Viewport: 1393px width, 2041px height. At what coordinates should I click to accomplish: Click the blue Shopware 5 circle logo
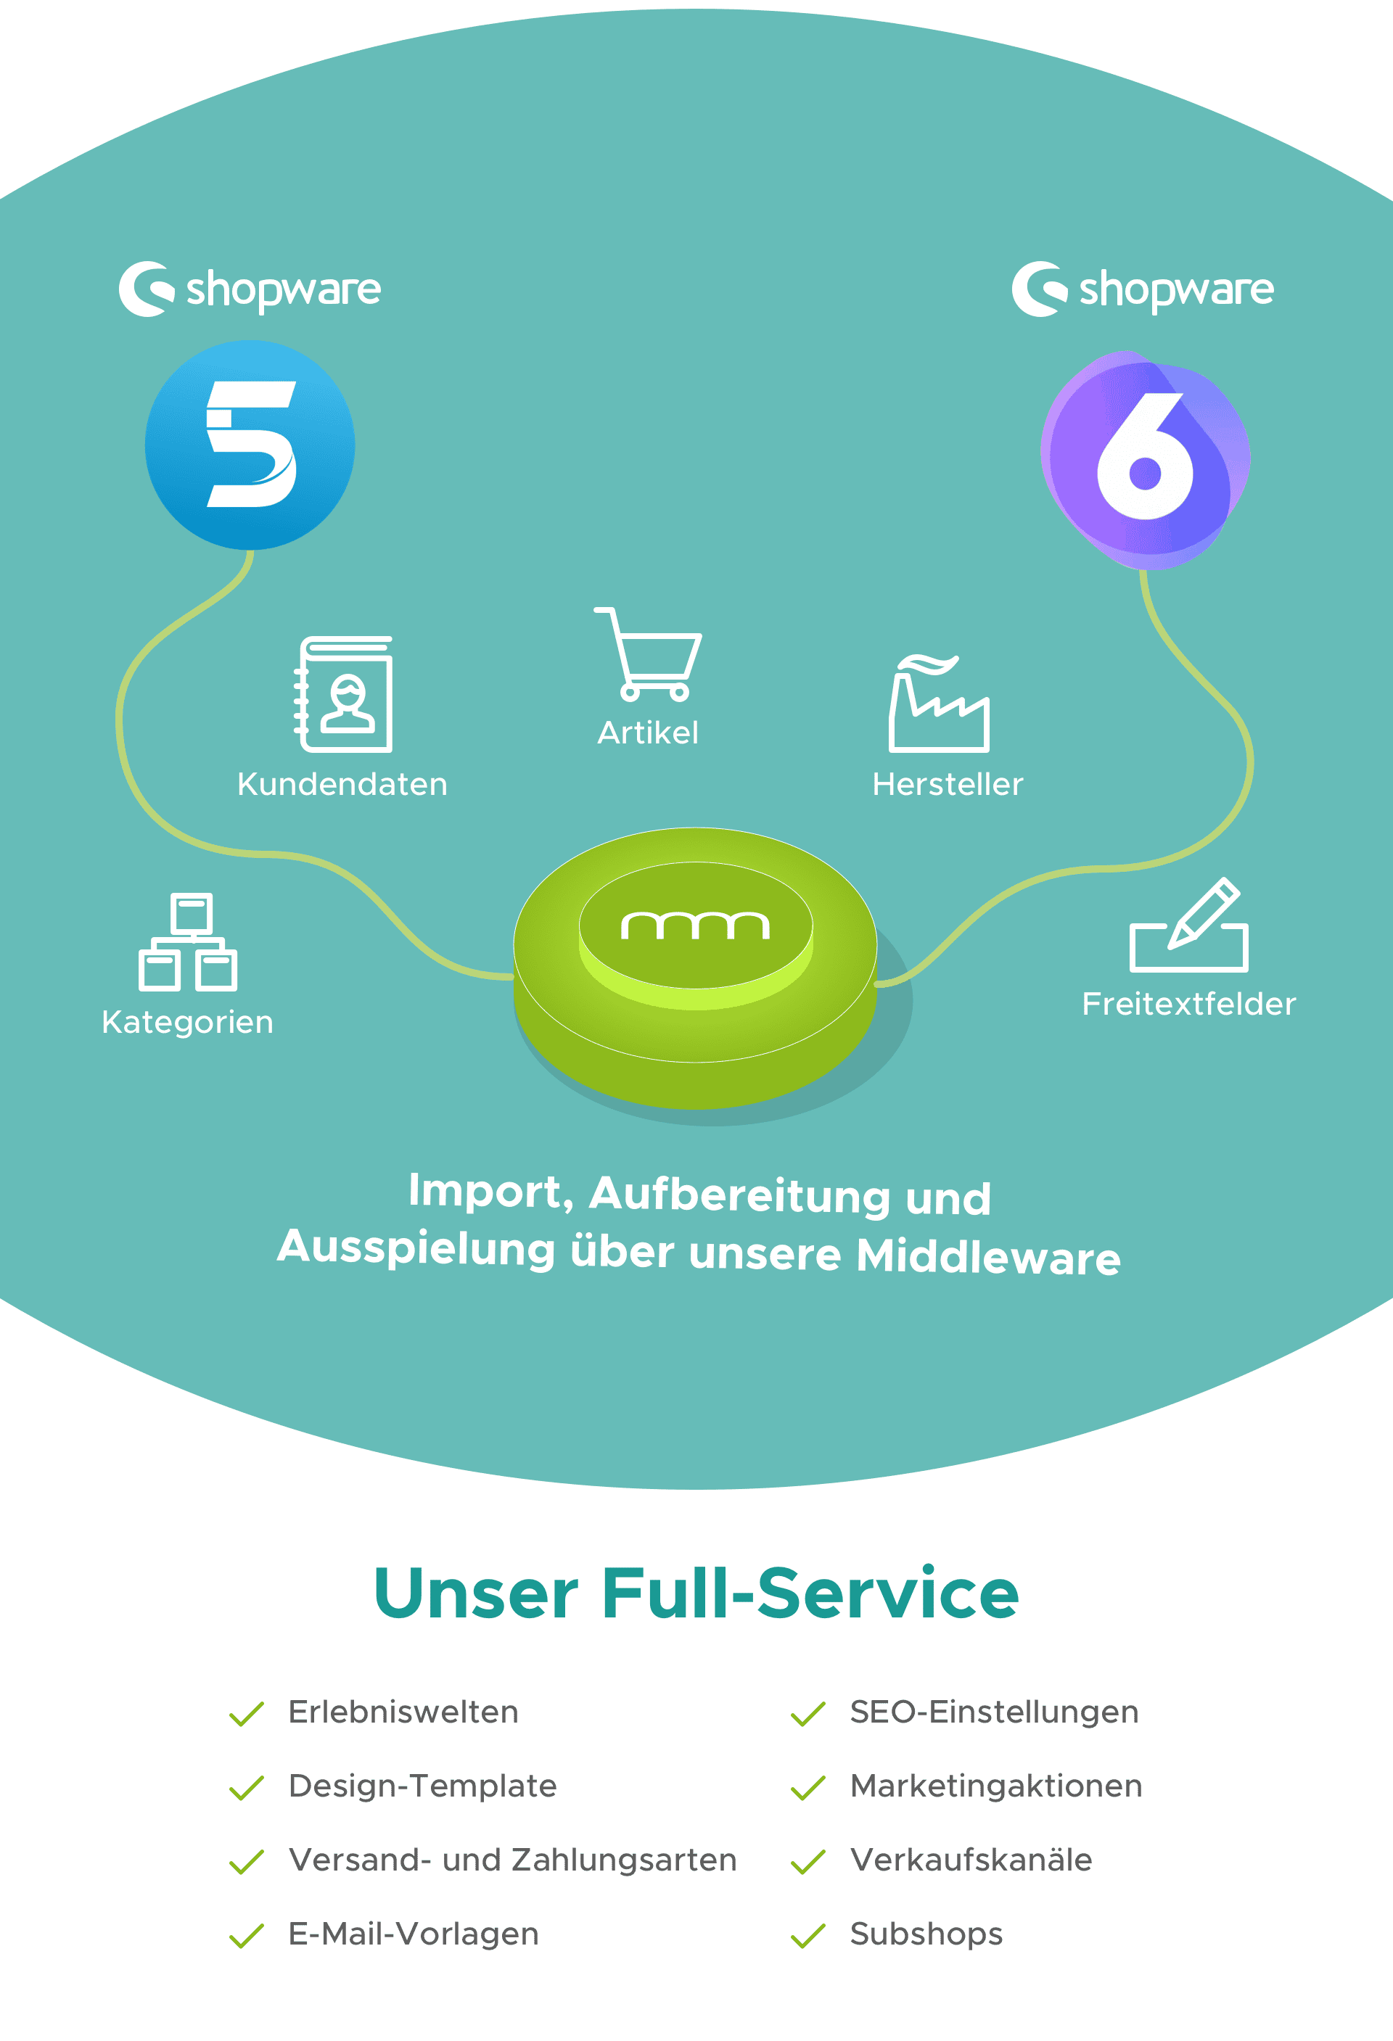[250, 445]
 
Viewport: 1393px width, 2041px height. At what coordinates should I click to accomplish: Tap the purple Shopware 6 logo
[1146, 459]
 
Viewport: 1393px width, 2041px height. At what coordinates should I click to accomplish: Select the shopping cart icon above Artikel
[649, 654]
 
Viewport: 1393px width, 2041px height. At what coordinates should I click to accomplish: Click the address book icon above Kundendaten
[343, 694]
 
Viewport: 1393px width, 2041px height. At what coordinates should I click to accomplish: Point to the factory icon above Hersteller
[939, 704]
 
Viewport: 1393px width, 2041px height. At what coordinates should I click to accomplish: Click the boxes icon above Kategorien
[188, 941]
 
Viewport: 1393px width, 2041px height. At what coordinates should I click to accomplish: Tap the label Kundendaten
[342, 784]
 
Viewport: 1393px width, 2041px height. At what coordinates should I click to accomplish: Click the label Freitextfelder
[1189, 1004]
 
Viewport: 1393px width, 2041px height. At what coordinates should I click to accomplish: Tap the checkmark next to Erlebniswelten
[247, 1713]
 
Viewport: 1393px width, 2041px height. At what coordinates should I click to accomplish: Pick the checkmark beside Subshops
[808, 1936]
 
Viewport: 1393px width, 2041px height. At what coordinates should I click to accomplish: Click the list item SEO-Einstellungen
[994, 1712]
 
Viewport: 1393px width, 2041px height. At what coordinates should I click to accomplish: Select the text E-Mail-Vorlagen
[414, 1934]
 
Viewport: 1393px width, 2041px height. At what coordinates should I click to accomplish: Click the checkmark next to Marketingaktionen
[808, 1787]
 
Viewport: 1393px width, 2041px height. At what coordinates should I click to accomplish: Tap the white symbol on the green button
[696, 925]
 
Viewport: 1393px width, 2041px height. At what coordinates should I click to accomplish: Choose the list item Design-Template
[422, 1786]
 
